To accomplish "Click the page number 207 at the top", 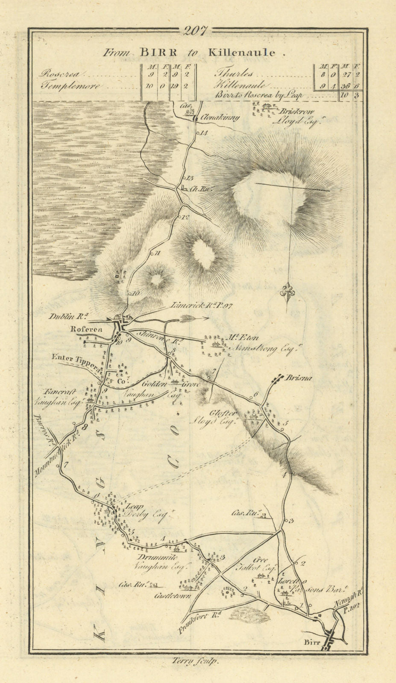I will [x=196, y=30].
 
